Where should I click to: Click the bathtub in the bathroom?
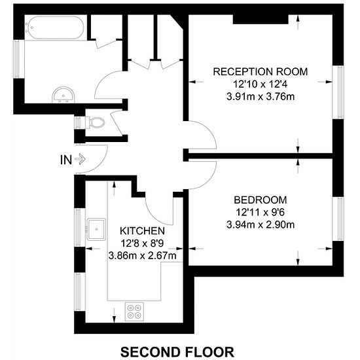[54, 27]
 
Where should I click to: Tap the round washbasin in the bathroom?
[63, 95]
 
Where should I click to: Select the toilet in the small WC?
[95, 122]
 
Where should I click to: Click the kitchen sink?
[96, 229]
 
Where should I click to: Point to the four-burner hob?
[134, 312]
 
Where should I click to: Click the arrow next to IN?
[80, 159]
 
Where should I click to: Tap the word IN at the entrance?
[66, 160]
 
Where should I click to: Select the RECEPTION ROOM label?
[261, 71]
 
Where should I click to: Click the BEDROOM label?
[261, 200]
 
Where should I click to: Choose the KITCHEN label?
[142, 231]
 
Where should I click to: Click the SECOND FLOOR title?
[177, 352]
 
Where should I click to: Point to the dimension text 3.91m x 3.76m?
[261, 97]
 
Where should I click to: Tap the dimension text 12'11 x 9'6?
[261, 212]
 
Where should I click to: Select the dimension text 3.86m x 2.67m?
[142, 255]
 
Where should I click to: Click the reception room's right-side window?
[338, 92]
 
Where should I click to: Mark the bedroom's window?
[338, 219]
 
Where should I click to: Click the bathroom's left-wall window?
[19, 59]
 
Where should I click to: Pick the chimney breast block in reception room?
[261, 19]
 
